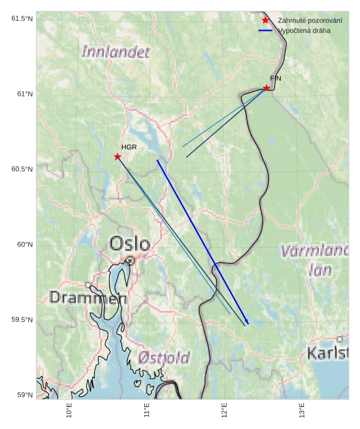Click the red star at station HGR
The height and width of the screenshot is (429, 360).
[118, 156]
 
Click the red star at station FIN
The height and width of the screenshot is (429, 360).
[267, 88]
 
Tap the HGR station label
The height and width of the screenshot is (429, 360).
[129, 147]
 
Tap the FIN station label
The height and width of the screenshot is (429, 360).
[276, 78]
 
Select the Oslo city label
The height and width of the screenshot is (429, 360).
[130, 244]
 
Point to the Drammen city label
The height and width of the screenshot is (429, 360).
[88, 297]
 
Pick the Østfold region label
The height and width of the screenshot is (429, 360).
[164, 358]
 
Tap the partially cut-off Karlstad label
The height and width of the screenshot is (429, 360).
[327, 353]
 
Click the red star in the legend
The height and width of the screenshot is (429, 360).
[265, 21]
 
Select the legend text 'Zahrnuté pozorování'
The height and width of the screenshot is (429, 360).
[310, 21]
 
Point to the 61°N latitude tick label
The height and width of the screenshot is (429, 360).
[23, 94]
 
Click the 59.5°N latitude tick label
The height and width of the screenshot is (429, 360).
[21, 319]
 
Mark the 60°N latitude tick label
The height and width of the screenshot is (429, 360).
[23, 244]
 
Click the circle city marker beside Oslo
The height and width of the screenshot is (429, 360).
[130, 260]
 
